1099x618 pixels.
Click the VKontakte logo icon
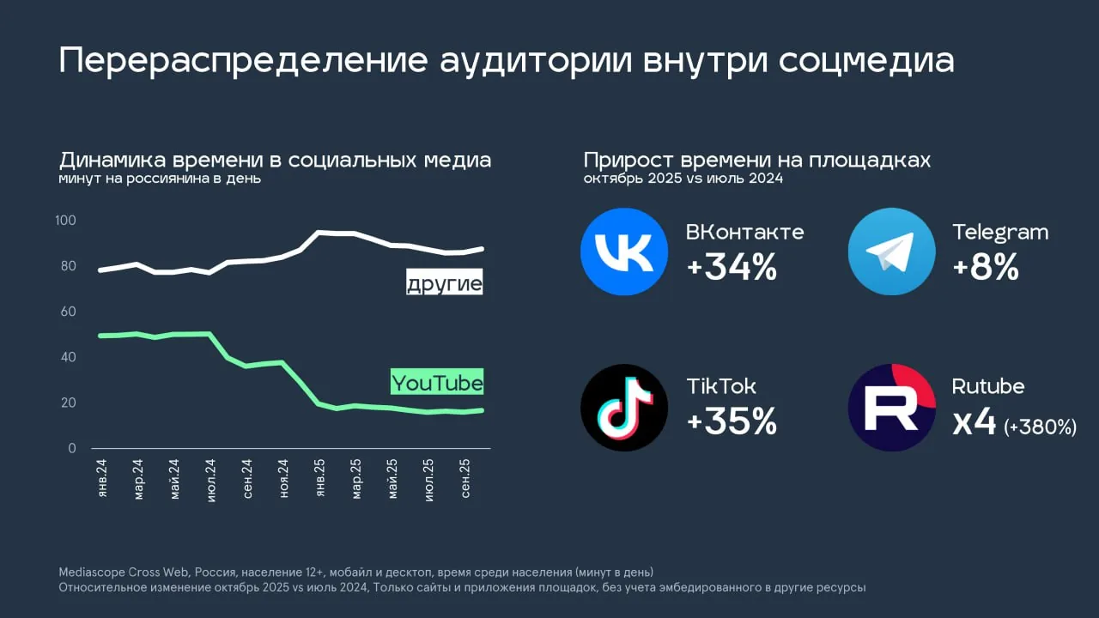[x=624, y=251]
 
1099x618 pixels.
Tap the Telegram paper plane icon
[x=891, y=251]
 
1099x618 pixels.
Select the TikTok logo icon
[x=624, y=408]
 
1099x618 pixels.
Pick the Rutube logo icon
[x=891, y=408]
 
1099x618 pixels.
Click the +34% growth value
[x=732, y=269]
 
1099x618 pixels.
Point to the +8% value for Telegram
[x=986, y=269]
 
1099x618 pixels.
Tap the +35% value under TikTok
[x=732, y=421]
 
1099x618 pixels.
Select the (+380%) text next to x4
[x=1040, y=426]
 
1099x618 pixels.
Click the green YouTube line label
[x=437, y=383]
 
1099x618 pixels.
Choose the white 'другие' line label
[x=444, y=283]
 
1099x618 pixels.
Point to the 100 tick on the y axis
[x=65, y=221]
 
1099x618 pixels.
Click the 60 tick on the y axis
[x=68, y=312]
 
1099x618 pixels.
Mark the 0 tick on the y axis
[x=72, y=448]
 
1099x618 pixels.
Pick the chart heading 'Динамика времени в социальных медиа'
[x=275, y=161]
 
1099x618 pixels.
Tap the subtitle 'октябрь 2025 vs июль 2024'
[x=683, y=179]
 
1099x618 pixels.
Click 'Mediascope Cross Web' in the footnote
[x=116, y=572]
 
